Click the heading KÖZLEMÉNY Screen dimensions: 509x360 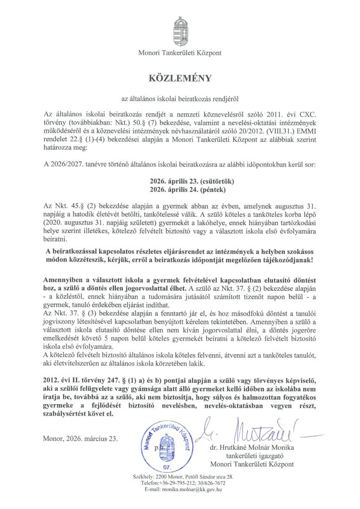[x=180, y=78]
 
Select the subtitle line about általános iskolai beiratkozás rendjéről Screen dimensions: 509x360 [x=180, y=98]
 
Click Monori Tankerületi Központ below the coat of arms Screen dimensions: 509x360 [x=180, y=52]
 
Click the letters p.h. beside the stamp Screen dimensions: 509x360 [x=159, y=448]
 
